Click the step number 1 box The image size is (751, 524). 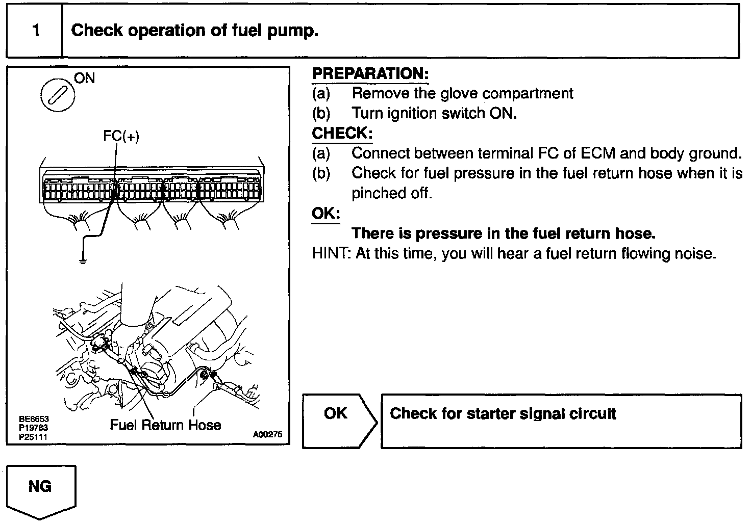tap(35, 31)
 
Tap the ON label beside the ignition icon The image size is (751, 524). tap(85, 78)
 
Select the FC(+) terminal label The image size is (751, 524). tap(121, 136)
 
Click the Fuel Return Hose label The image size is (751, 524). tap(165, 425)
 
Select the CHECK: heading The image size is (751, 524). tap(342, 134)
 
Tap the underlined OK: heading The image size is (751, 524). tap(326, 213)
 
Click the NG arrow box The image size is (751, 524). tap(41, 490)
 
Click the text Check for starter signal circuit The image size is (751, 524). tap(503, 413)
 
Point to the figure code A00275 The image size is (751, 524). tap(267, 435)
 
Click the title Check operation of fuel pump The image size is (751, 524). tap(195, 31)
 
